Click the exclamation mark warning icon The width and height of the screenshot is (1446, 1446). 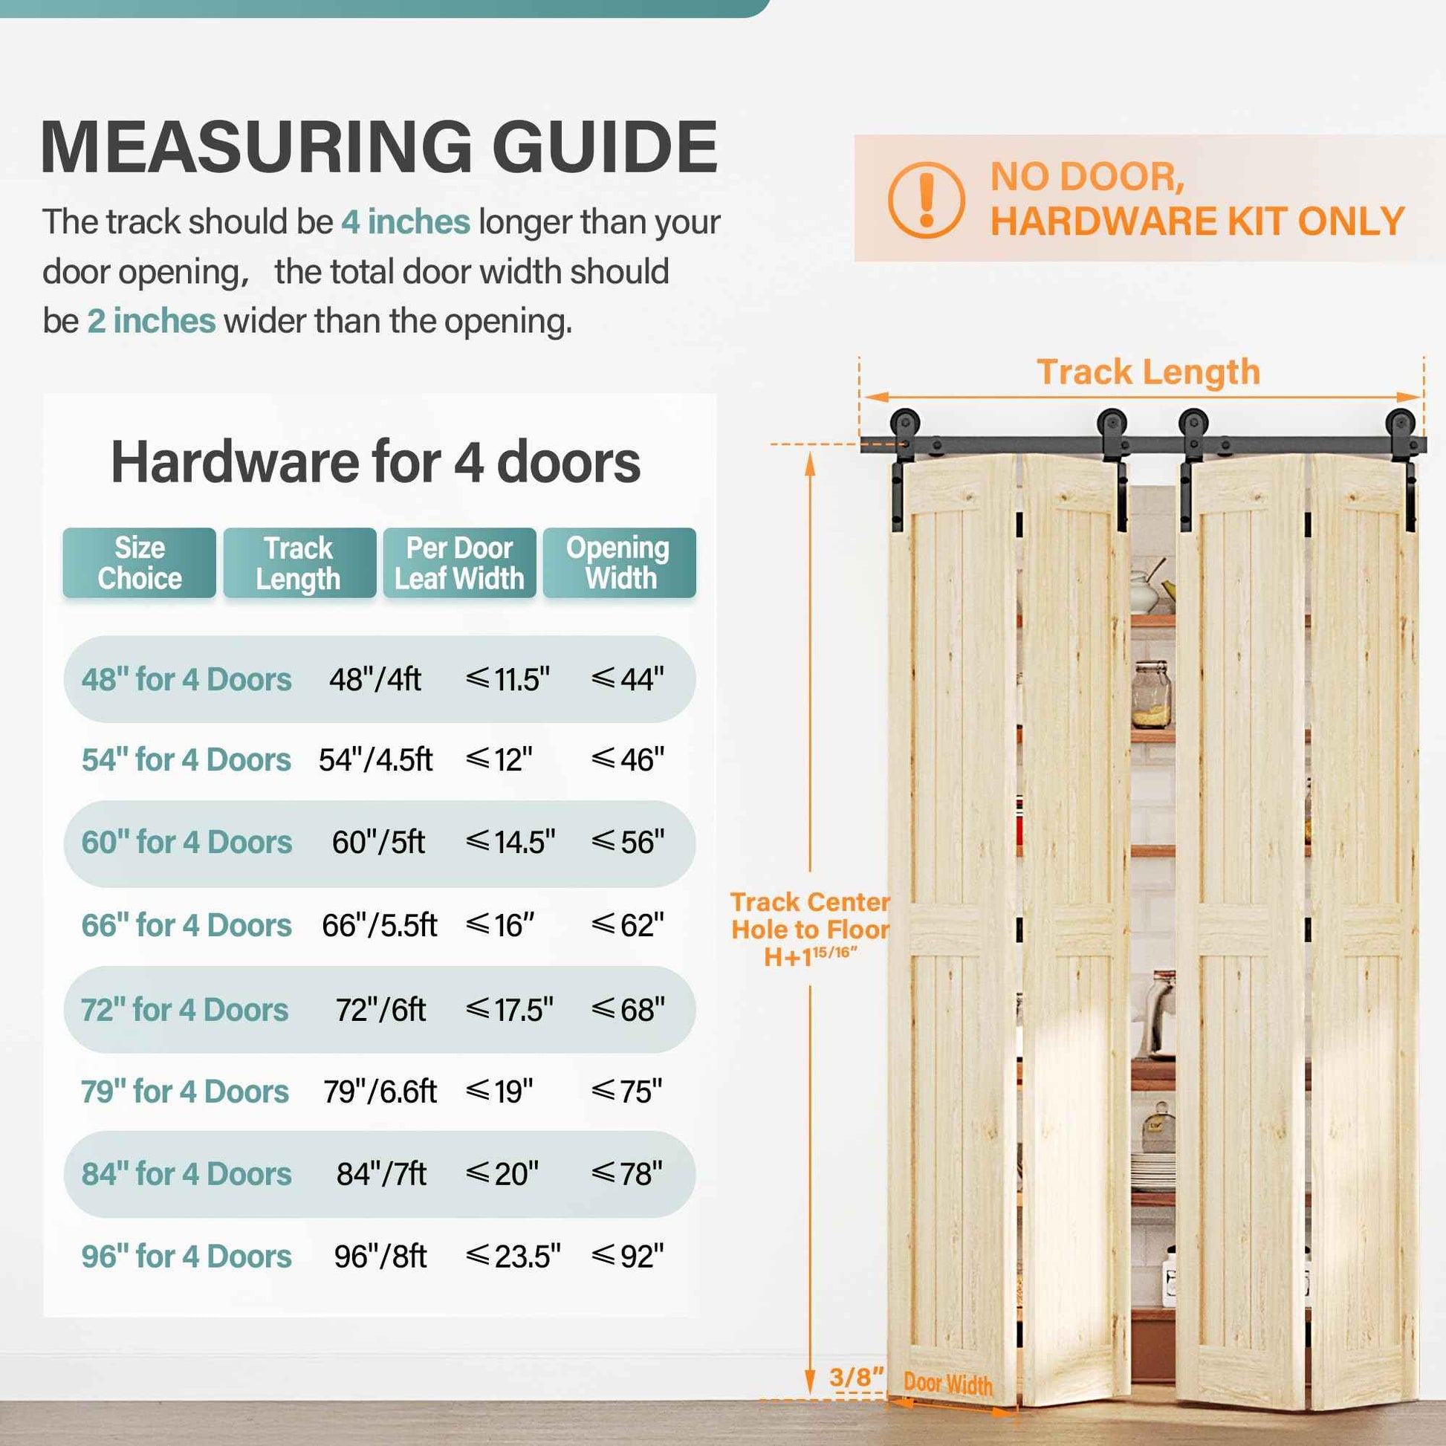(x=926, y=201)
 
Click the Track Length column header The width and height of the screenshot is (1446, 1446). (x=299, y=562)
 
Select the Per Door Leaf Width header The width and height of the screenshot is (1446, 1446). (x=458, y=562)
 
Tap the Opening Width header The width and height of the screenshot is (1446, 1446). (x=619, y=562)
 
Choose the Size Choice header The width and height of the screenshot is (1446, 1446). (x=139, y=562)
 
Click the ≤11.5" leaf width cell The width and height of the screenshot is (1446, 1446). (x=508, y=680)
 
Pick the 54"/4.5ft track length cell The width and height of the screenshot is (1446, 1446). (x=375, y=759)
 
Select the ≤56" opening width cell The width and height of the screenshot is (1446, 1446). (x=627, y=842)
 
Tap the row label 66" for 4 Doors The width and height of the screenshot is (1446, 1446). (x=187, y=925)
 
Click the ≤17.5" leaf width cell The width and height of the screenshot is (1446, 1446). (x=509, y=1010)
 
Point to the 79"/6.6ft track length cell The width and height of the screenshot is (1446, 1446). (x=380, y=1092)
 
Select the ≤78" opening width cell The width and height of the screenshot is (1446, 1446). (x=626, y=1173)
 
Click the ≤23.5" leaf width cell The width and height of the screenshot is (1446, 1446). (x=513, y=1256)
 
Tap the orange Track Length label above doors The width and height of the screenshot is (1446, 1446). (x=1148, y=372)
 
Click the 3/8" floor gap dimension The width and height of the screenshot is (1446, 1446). (x=856, y=1376)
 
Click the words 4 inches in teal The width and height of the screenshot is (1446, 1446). (x=406, y=221)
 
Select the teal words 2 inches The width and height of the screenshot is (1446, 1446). (x=151, y=320)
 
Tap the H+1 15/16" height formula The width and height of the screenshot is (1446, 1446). (x=810, y=956)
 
